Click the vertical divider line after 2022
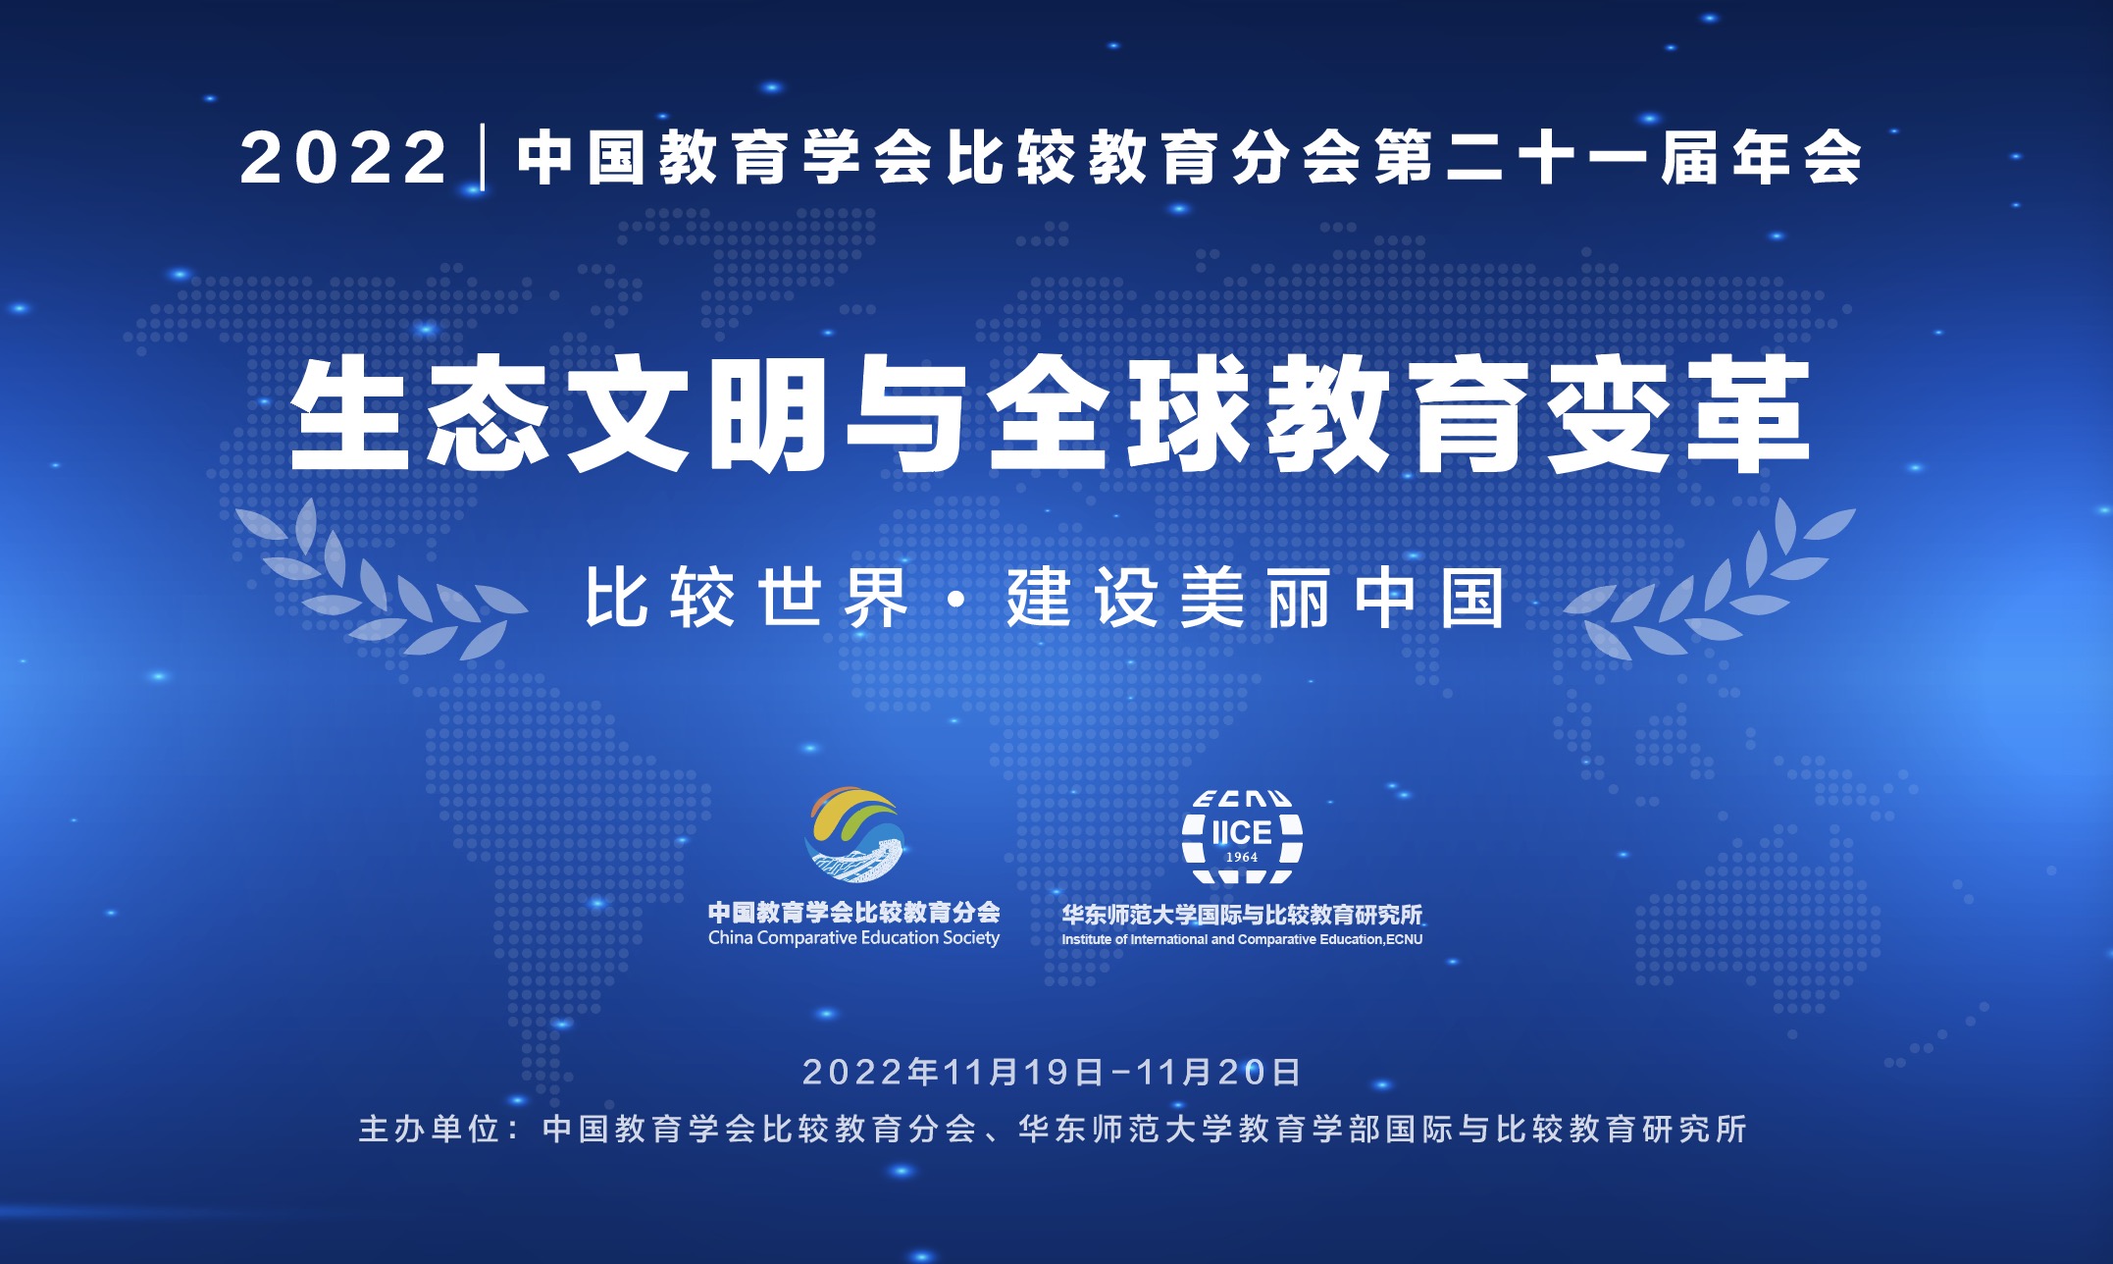point(483,157)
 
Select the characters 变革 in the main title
point(1678,413)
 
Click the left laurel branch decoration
point(381,579)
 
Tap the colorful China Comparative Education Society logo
point(854,835)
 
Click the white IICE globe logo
point(1242,837)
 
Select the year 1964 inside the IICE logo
point(1242,857)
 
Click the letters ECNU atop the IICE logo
point(1242,799)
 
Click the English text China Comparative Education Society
point(853,938)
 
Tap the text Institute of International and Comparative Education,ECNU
point(1242,939)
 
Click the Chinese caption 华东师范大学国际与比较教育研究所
point(1242,915)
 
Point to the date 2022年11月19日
point(953,1072)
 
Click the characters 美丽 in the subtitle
point(1256,598)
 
